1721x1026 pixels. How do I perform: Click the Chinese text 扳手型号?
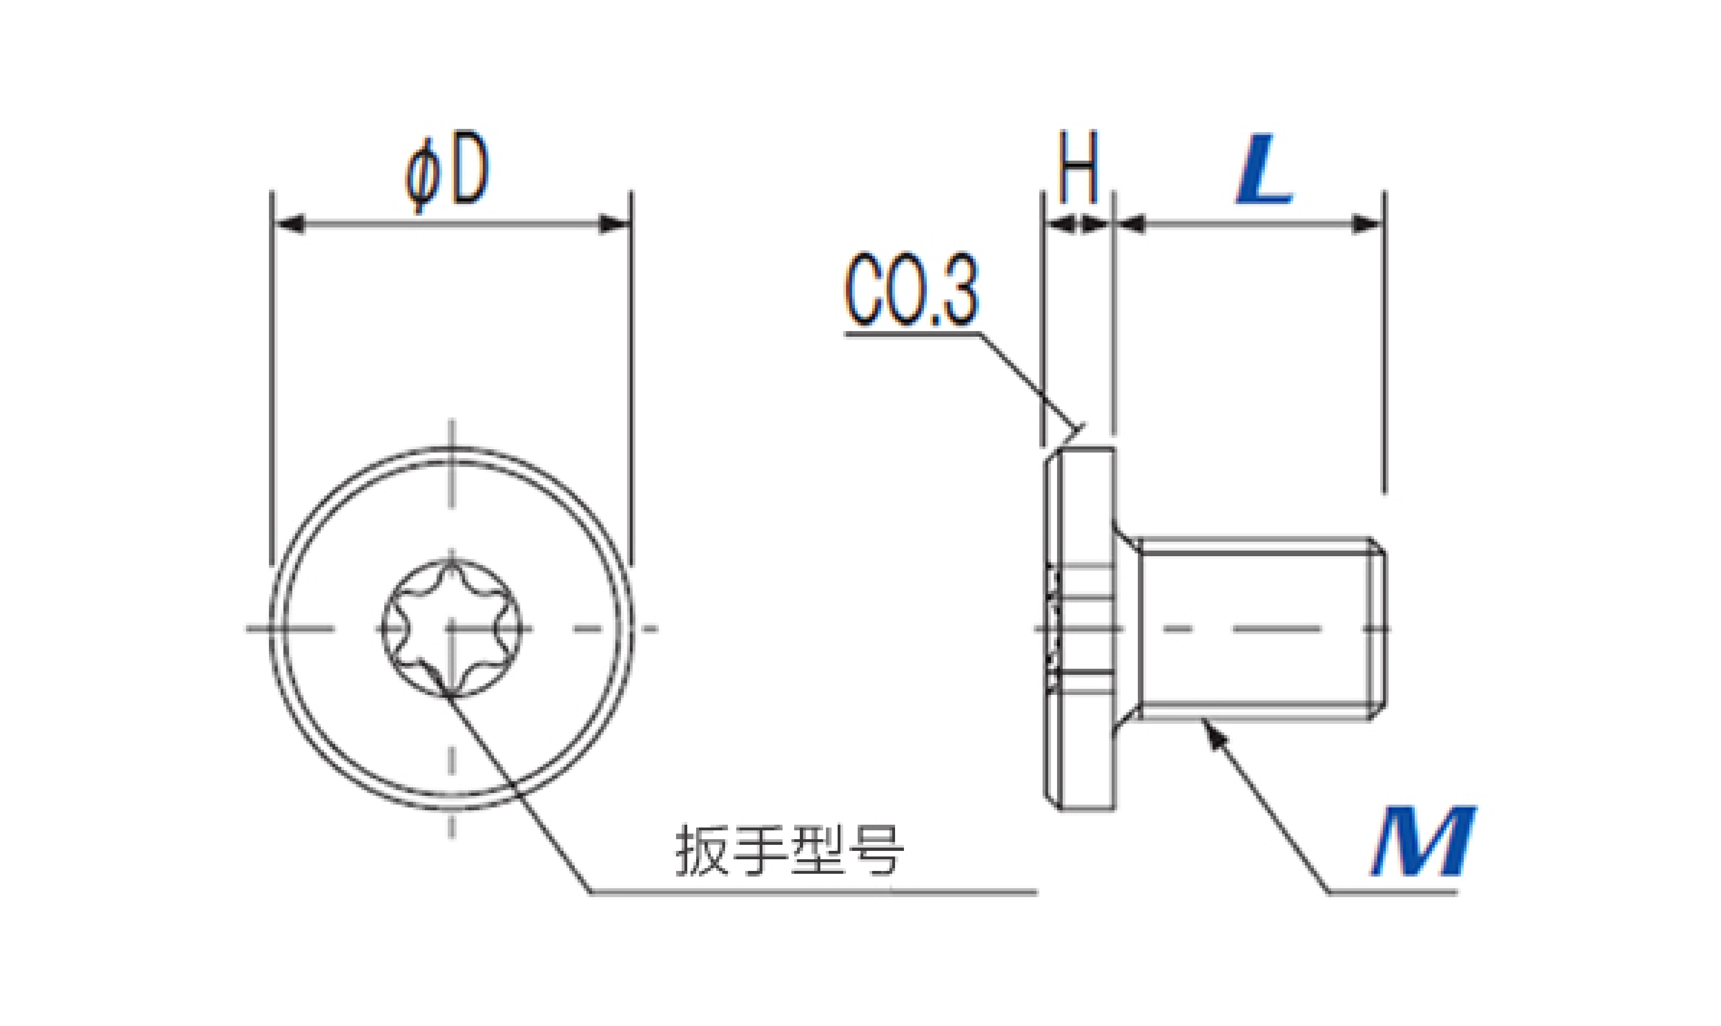790,850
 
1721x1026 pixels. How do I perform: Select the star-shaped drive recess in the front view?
451,629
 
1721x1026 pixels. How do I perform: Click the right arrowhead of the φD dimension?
614,225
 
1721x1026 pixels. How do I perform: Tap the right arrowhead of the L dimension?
1367,225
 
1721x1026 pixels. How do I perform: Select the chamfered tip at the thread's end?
1377,629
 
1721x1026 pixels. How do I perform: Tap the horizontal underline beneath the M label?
1393,892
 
